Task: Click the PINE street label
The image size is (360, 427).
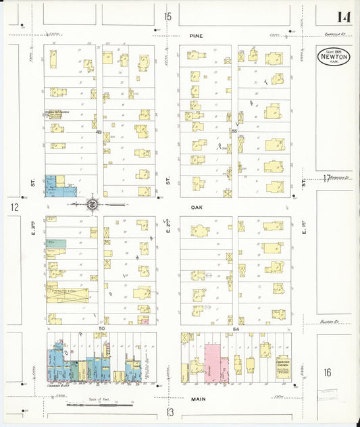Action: (196, 36)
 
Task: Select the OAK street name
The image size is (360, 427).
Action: (197, 208)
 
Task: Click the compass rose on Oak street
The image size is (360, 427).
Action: (92, 203)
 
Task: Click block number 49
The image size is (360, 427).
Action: (99, 132)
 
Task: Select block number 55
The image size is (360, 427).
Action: (234, 130)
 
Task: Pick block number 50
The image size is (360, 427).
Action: (101, 329)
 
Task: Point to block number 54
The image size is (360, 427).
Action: (236, 329)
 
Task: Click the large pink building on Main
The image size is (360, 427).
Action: (213, 363)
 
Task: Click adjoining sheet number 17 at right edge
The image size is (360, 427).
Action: (327, 178)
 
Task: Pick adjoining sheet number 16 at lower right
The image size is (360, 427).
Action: (328, 372)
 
